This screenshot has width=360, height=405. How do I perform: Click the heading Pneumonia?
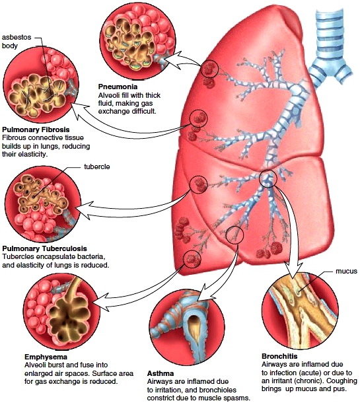pyautogui.click(x=118, y=87)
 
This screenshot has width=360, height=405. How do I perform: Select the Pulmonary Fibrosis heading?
pyautogui.click(x=36, y=129)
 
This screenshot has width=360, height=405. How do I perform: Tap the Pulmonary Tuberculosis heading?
pyautogui.click(x=44, y=248)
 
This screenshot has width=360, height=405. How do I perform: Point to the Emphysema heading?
pyautogui.click(x=46, y=357)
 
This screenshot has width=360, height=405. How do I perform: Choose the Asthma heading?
pyautogui.click(x=161, y=373)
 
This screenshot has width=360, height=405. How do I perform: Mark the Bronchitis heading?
pyautogui.click(x=279, y=356)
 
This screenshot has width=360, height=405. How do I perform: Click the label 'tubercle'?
pyautogui.click(x=97, y=167)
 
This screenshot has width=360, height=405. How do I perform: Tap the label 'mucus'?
pyautogui.click(x=346, y=271)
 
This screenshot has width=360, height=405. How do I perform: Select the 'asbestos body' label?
pyautogui.click(x=17, y=42)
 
